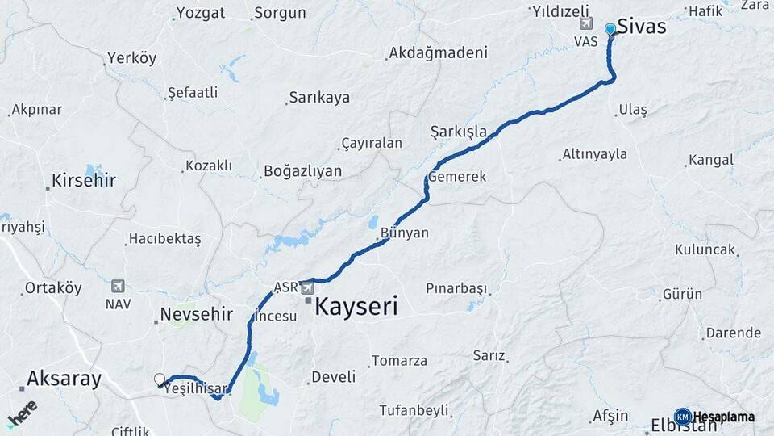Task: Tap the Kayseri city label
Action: [356, 307]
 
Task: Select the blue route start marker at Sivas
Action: [610, 29]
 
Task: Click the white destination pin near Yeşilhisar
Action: [160, 379]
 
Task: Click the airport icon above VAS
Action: [585, 24]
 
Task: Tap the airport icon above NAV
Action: [119, 286]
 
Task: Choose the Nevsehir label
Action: [197, 314]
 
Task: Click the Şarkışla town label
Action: [458, 131]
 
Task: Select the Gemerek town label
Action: [457, 177]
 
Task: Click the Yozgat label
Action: [201, 13]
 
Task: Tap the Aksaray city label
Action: [64, 378]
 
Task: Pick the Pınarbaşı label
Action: [457, 288]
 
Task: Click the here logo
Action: [22, 413]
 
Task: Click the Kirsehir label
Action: [84, 180]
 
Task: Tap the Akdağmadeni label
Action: [438, 53]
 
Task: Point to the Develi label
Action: [333, 376]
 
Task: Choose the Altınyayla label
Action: [594, 153]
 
